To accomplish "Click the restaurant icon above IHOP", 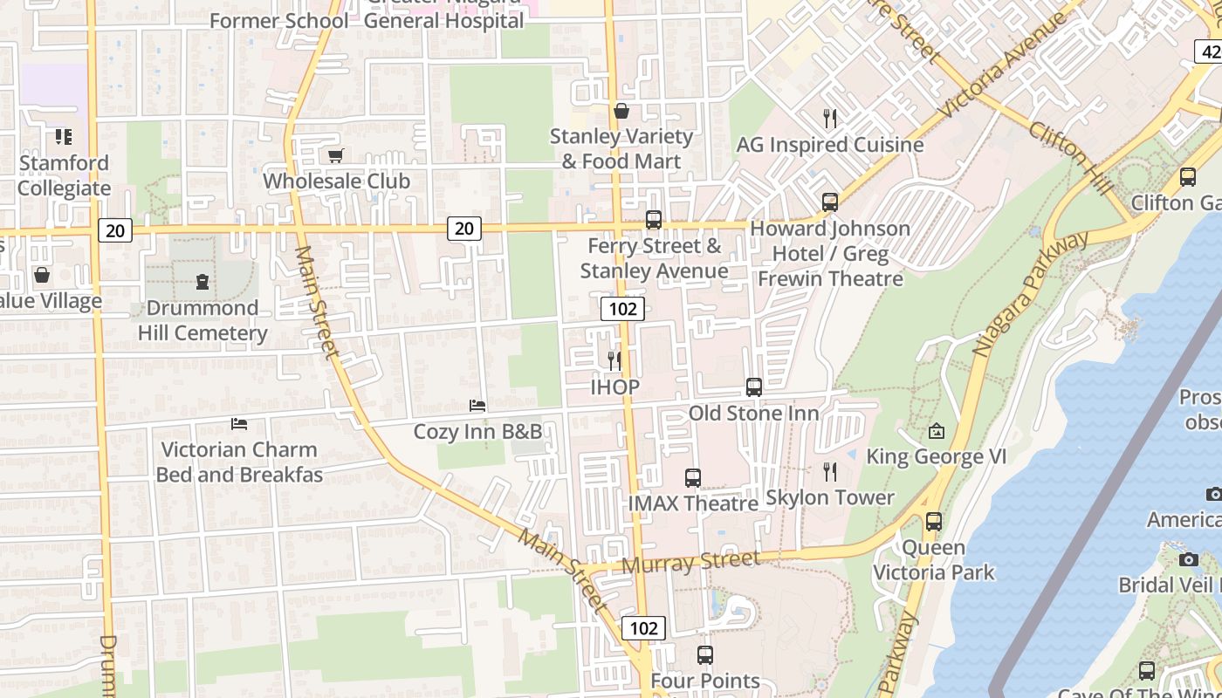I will pos(614,359).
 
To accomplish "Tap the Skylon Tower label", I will pos(829,497).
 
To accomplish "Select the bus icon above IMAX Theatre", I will pos(693,477).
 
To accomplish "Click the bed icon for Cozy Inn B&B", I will pos(477,405).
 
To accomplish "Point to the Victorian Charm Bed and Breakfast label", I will pos(238,462).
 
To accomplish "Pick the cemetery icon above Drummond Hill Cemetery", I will pos(203,281).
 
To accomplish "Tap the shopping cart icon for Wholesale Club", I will pos(336,155).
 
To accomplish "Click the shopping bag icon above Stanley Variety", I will pos(621,111).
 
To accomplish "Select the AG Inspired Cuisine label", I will pos(829,145).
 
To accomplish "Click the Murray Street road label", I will pos(690,563).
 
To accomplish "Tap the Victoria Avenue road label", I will pos(1004,66).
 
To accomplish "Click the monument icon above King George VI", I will pos(937,431).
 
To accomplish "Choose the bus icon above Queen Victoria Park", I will pos(934,522).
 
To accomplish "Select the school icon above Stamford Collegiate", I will pos(64,136).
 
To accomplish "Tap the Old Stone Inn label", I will pos(753,413).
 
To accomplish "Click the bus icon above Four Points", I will pos(705,654).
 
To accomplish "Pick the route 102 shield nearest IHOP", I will pos(622,308).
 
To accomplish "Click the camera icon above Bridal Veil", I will pos(1188,559).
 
